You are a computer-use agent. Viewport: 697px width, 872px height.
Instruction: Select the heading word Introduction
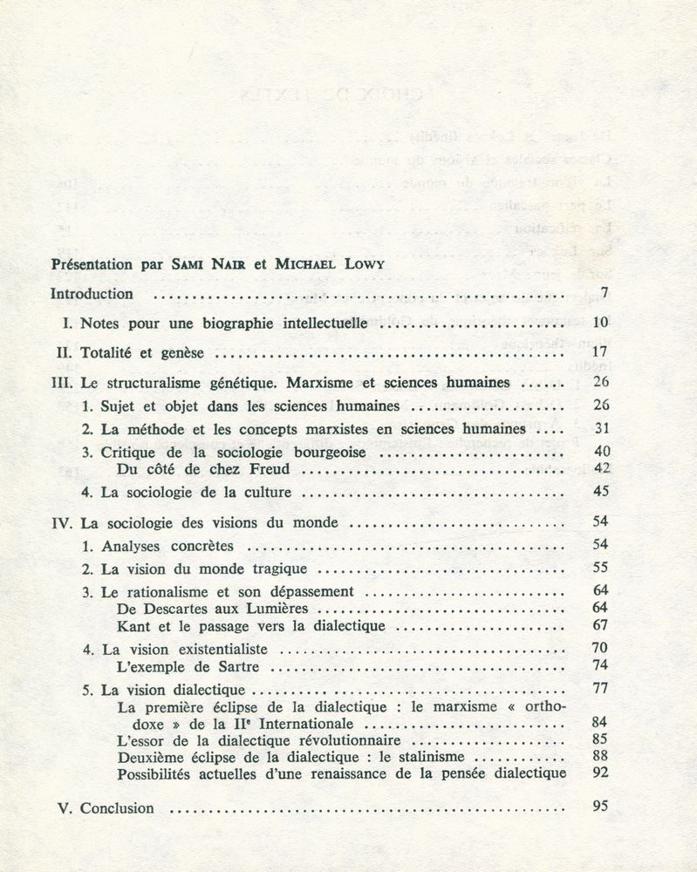(x=92, y=293)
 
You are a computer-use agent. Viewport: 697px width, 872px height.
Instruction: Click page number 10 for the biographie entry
(x=599, y=323)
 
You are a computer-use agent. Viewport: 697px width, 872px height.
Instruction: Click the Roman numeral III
(x=62, y=383)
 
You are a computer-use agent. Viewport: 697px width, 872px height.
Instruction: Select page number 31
(x=599, y=429)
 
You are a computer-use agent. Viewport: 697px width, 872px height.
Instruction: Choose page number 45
(x=599, y=492)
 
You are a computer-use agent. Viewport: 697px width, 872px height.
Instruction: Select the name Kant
(x=132, y=625)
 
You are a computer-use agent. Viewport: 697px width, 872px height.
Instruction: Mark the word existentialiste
(x=219, y=650)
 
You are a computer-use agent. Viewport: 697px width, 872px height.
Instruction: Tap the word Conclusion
(x=117, y=807)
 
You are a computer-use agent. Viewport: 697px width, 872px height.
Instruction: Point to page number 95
(x=599, y=806)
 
